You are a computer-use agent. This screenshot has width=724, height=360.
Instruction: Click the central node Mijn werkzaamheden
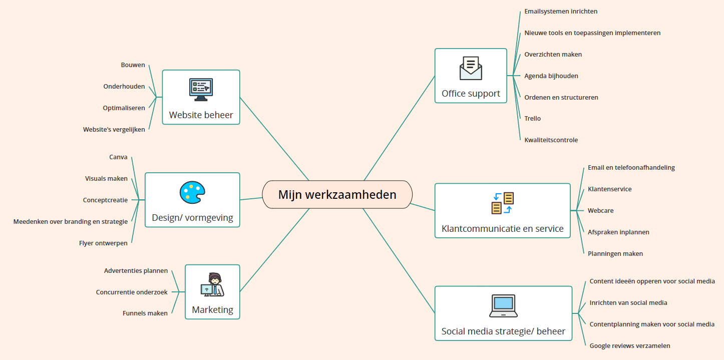click(337, 194)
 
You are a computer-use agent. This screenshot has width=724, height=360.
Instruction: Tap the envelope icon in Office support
click(471, 69)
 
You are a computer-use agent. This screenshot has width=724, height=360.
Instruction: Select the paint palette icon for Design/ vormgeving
click(192, 193)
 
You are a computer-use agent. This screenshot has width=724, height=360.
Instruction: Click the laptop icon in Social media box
click(503, 305)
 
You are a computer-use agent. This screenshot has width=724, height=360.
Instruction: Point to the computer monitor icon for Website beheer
click(201, 90)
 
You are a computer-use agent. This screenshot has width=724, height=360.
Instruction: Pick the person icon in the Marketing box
click(213, 285)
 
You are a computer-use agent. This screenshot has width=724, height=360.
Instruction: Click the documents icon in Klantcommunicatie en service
click(502, 203)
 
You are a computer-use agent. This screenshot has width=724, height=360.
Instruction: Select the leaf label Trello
click(532, 119)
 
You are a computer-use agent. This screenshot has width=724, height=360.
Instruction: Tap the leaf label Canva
click(118, 157)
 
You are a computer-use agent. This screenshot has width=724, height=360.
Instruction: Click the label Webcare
click(600, 211)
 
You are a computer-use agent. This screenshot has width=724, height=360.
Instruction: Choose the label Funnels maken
click(145, 313)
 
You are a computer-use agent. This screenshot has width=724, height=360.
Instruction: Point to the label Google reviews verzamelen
click(629, 346)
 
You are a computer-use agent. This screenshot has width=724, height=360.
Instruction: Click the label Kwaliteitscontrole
click(551, 140)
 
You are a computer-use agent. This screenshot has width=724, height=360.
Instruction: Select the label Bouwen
click(133, 65)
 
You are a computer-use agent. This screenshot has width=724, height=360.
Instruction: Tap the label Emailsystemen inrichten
click(561, 12)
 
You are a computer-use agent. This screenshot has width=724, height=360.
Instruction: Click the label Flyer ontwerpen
click(103, 243)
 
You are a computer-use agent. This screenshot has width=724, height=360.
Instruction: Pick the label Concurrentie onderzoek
click(132, 292)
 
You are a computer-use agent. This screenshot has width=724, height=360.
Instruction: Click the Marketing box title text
click(212, 310)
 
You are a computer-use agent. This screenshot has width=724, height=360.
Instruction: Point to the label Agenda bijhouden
click(551, 76)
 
